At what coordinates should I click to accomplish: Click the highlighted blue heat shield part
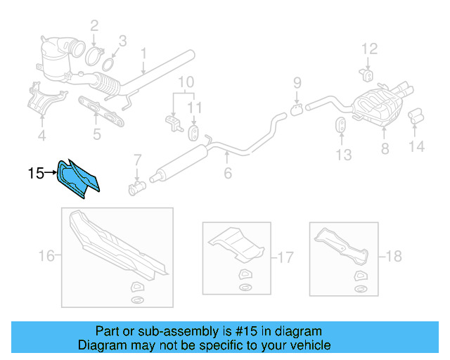(x=79, y=177)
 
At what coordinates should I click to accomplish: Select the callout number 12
(x=370, y=49)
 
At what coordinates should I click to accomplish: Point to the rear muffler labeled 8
(x=380, y=109)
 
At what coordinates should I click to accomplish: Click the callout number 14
(x=418, y=147)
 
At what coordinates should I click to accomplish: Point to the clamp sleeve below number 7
(x=137, y=188)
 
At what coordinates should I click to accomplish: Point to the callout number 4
(x=41, y=135)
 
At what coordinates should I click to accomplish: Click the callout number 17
(x=285, y=257)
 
